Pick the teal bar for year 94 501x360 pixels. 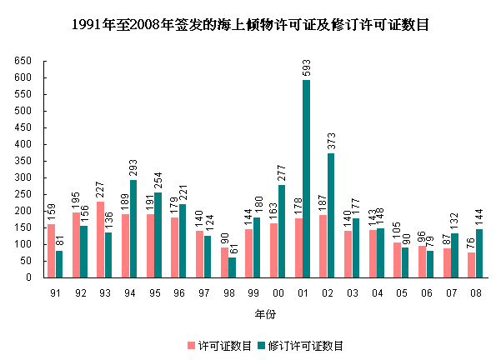[x=133, y=228]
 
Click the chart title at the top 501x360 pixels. [x=250, y=24]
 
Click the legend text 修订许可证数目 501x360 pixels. [x=306, y=345]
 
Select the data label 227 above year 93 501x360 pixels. [x=100, y=190]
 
